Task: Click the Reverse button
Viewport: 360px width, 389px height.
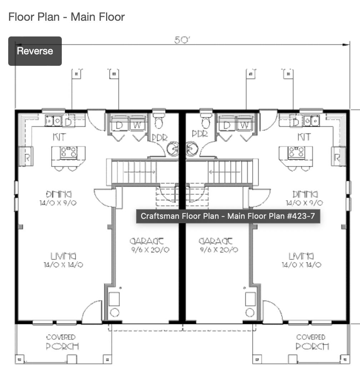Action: coord(35,51)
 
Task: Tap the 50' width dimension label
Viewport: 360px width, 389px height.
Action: coord(182,40)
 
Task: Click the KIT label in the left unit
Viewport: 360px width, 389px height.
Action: coord(59,137)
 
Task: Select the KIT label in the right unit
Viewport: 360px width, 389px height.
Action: coord(304,137)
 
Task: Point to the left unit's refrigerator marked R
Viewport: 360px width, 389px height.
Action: coord(26,157)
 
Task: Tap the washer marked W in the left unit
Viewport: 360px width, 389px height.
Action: coord(137,125)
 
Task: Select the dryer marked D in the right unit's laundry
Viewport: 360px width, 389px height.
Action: coord(226,125)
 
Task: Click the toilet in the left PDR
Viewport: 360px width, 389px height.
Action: coord(159,121)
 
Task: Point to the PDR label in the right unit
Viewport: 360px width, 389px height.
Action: coord(200,134)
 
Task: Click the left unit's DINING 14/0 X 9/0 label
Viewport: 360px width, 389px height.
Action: coord(59,198)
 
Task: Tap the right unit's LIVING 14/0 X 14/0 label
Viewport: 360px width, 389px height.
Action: coord(301,260)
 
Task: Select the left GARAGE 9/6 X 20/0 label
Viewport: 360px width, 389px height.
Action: coord(150,245)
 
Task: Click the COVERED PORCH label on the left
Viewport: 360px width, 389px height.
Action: coord(62,342)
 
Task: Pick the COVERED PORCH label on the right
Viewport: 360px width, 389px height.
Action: coord(312,342)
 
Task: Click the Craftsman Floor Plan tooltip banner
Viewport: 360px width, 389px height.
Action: coord(228,216)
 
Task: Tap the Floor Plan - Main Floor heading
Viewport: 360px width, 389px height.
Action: coord(66,17)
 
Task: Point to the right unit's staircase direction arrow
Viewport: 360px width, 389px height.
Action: coord(225,172)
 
